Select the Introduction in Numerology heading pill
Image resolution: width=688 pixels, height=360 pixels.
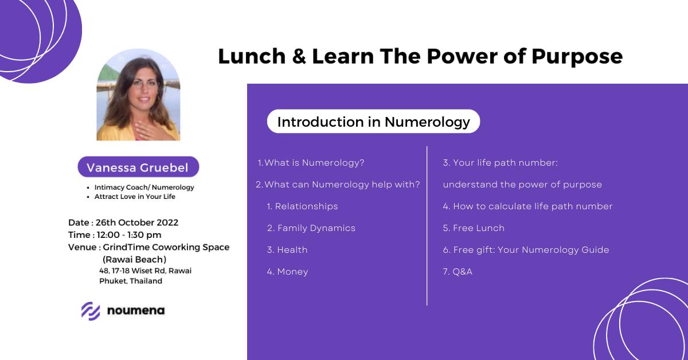[373, 122]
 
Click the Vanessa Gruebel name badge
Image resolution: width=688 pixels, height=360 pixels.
[138, 167]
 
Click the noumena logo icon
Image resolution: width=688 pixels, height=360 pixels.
[91, 311]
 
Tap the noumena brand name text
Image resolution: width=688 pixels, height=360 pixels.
[135, 311]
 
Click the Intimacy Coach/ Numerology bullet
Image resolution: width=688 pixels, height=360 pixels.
[144, 187]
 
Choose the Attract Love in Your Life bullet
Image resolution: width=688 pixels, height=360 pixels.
[135, 197]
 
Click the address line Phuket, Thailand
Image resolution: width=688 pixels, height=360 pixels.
[131, 281]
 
